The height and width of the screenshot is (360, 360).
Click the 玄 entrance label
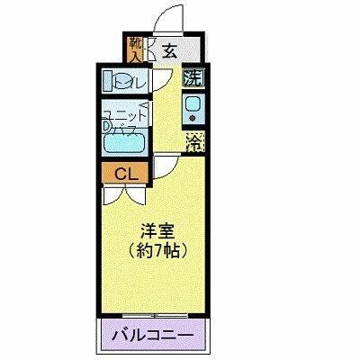coord(168,49)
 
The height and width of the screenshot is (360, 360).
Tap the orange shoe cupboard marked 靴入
coord(136,50)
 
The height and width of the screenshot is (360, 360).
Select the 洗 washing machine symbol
coord(193,78)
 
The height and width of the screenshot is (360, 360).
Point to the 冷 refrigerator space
coord(193,140)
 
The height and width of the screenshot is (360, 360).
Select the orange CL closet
coord(126,172)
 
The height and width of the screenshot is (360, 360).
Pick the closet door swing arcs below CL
coord(126,191)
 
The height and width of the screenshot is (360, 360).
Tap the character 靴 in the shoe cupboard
coord(136,42)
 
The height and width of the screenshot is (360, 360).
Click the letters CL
coord(126,172)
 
